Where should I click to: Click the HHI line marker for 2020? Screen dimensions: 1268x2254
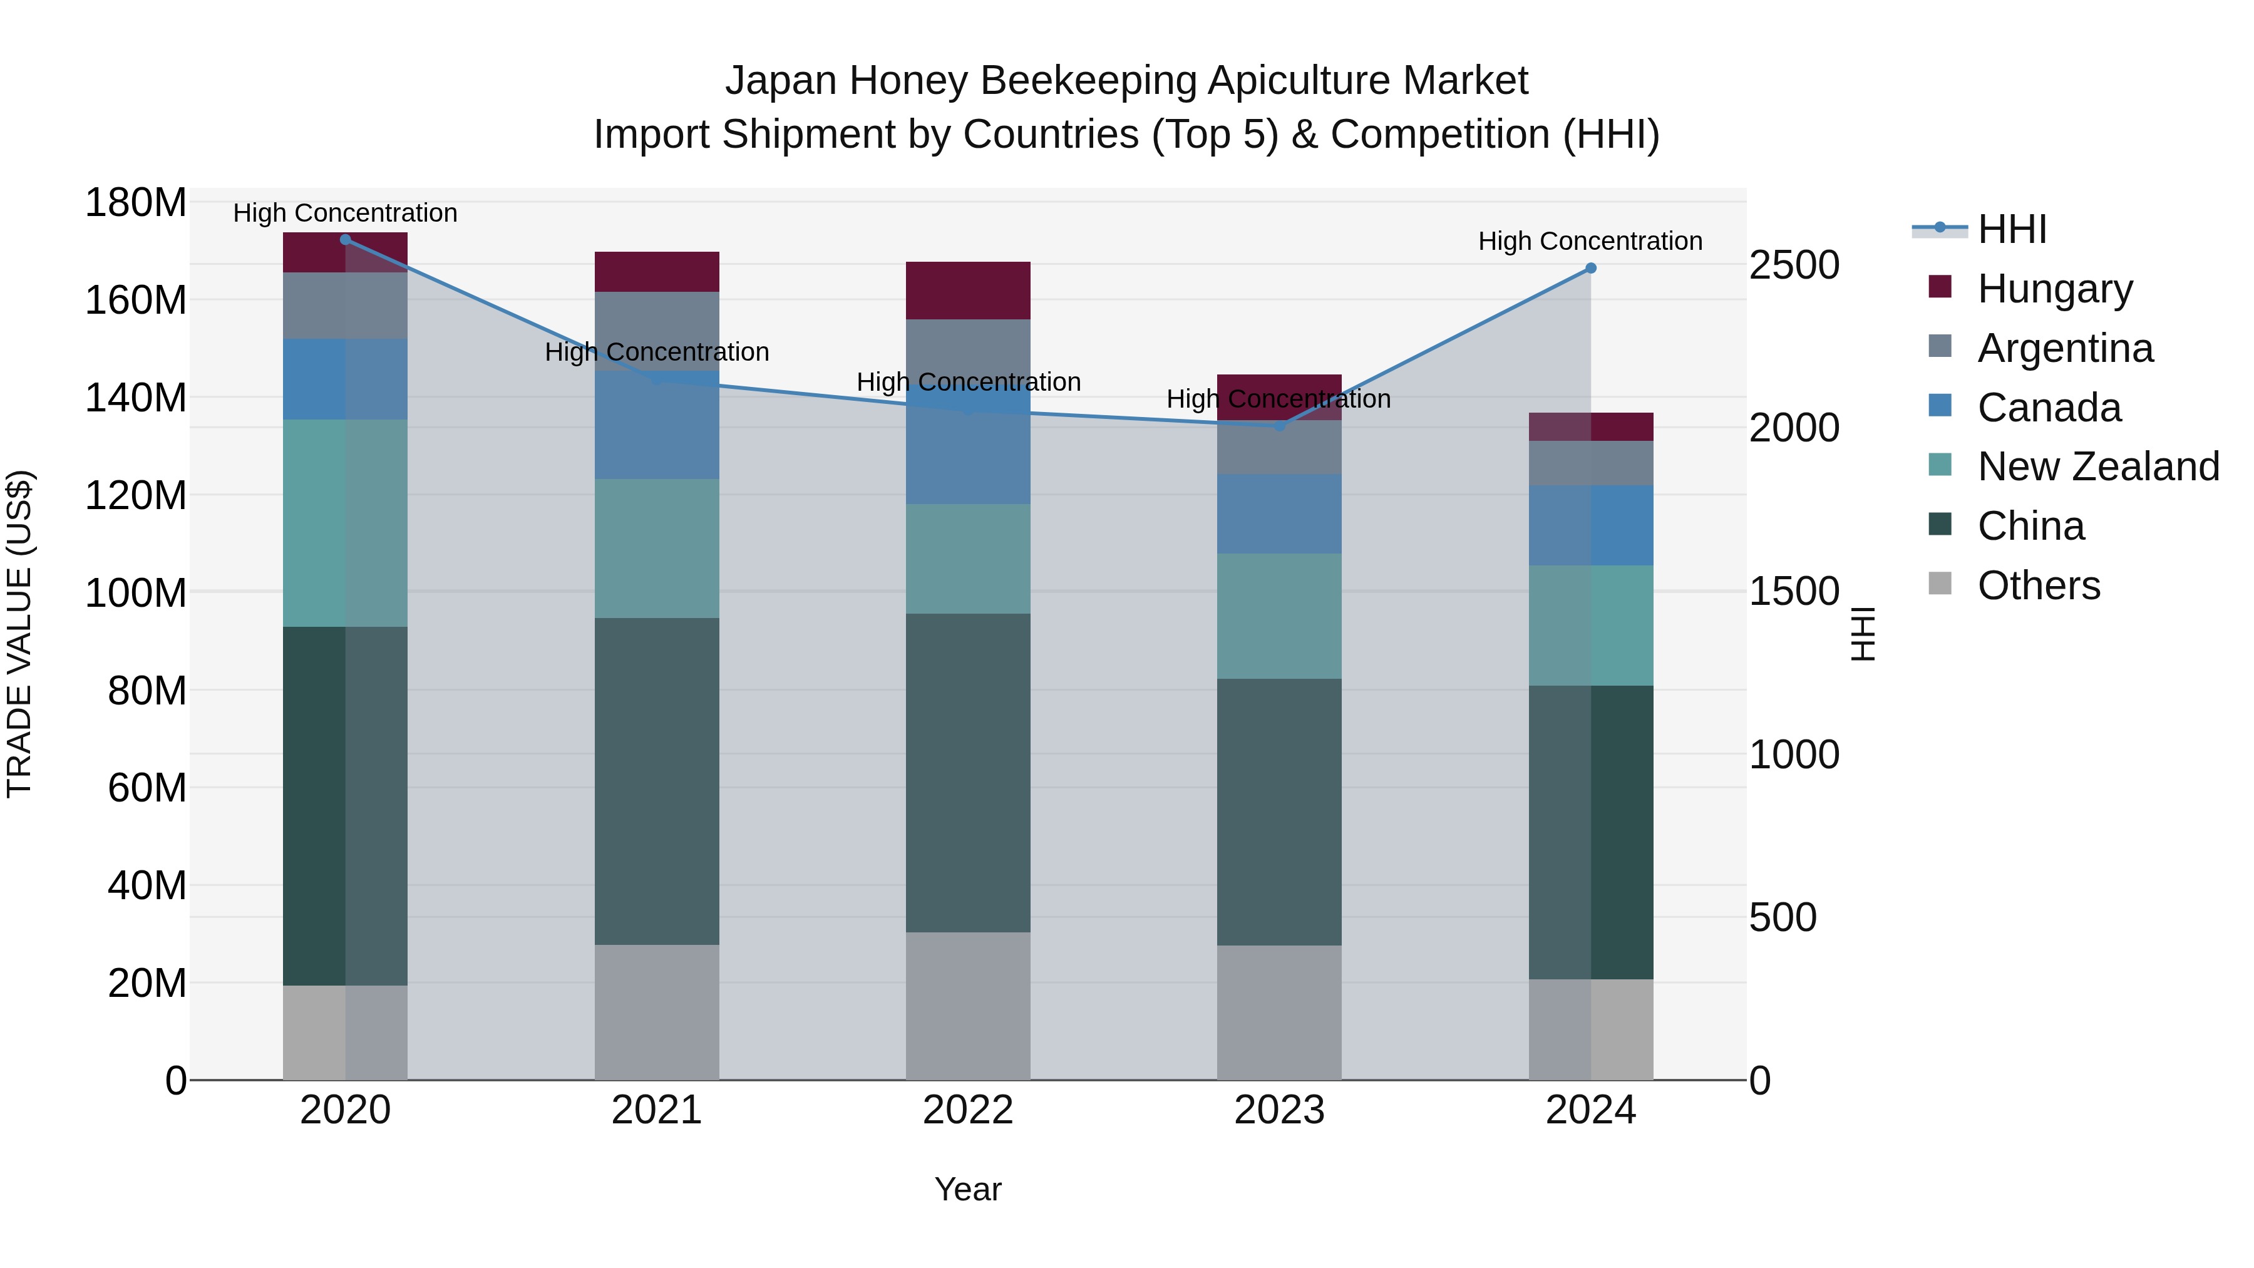[345, 239]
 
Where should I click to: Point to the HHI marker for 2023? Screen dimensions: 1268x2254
[1279, 425]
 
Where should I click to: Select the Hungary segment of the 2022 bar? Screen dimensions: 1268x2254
[968, 290]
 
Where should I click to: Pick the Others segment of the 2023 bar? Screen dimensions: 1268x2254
[1279, 1012]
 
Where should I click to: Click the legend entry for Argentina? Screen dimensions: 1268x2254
[2065, 348]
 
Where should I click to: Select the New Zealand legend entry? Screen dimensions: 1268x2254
[2097, 466]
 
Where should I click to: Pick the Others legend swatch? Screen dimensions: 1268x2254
[1940, 584]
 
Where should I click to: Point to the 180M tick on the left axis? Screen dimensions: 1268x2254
[136, 203]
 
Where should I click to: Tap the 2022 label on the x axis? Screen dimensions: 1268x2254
[968, 1110]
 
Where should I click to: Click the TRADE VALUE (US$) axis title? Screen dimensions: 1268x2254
[19, 634]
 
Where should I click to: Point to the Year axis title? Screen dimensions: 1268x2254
[968, 1189]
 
